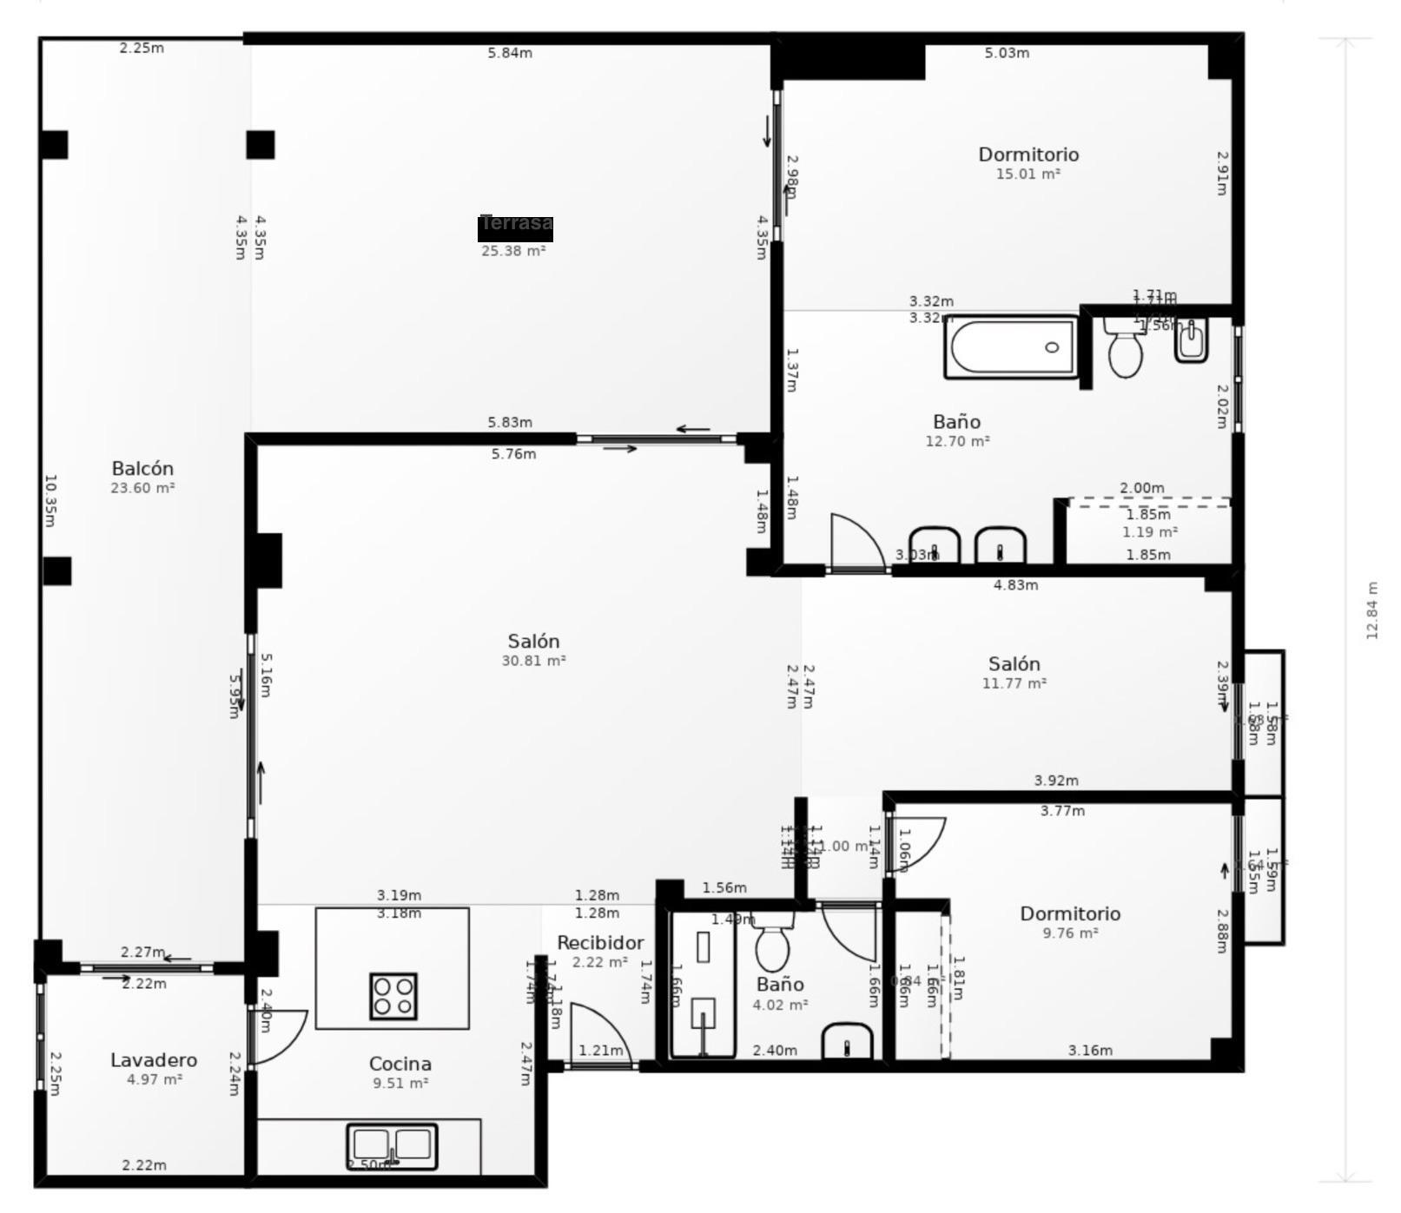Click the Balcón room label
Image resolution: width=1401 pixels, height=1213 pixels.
(x=142, y=469)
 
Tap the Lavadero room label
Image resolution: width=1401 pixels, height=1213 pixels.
(x=154, y=1060)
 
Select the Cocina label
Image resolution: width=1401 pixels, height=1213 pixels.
(x=400, y=1064)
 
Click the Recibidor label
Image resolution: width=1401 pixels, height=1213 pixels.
(x=600, y=943)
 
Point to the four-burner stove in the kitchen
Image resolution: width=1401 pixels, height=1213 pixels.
(x=393, y=997)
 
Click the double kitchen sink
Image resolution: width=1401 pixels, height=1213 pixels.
(x=392, y=1146)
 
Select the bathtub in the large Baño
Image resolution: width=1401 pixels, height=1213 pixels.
(x=1011, y=347)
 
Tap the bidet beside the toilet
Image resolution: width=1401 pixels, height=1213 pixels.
(x=1191, y=340)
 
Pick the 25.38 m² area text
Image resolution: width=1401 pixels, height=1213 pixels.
(x=513, y=252)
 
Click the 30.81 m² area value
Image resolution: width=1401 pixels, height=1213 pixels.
(x=533, y=661)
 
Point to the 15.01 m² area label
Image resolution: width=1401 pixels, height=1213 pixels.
(x=1028, y=175)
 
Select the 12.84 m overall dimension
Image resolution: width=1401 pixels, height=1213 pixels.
(x=1371, y=610)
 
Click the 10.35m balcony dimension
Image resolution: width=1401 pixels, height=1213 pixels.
(x=50, y=500)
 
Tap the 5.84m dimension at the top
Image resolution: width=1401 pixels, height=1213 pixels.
(x=510, y=53)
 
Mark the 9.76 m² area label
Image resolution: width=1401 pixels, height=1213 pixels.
(x=1070, y=933)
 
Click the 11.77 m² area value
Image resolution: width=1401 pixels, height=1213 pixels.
(x=1014, y=684)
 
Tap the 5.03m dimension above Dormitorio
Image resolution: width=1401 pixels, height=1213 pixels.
(x=1007, y=53)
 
